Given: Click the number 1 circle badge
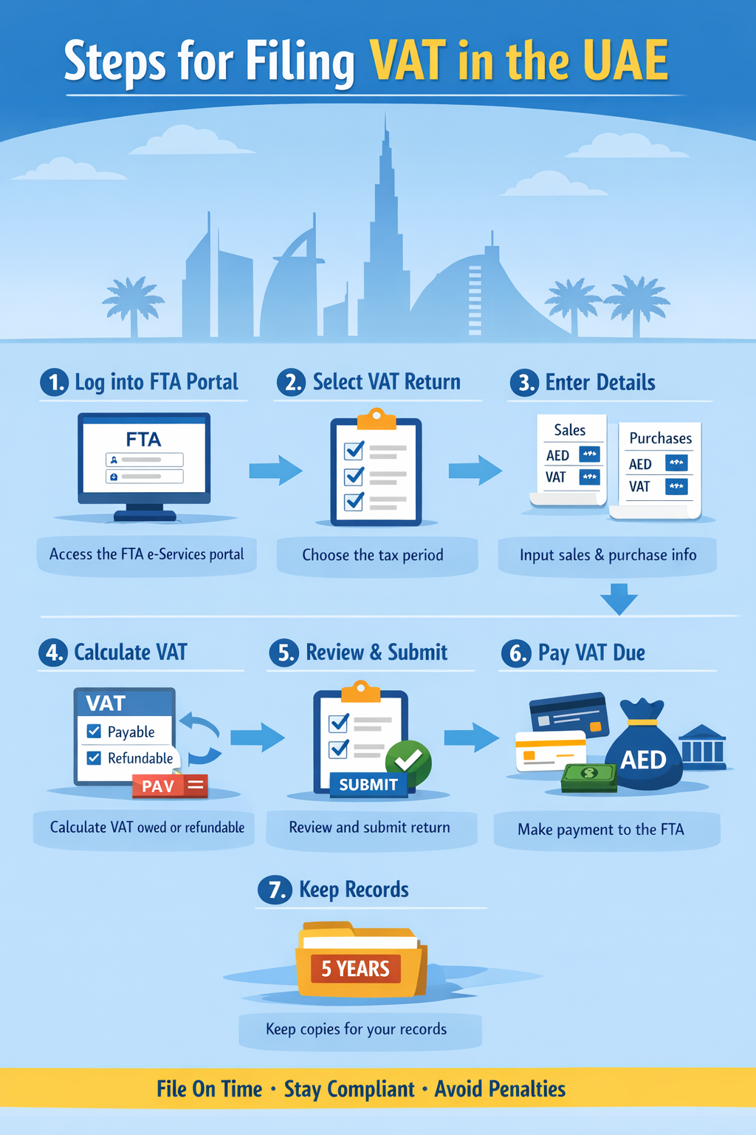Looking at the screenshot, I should coord(54,382).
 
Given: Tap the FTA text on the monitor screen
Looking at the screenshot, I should coord(143,440).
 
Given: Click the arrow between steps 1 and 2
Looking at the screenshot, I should coord(275,470).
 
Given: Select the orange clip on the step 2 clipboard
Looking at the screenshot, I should coord(377,419).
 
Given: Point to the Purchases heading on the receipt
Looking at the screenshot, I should coord(660,438).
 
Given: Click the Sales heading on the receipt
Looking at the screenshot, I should coord(569,430).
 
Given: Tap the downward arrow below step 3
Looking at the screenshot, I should coord(619,599).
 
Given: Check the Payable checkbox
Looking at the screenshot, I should coord(94,732).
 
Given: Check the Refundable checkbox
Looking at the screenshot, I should coord(94,757).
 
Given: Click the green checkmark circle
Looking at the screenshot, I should coord(408,760).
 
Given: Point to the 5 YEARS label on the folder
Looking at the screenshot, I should coord(356,969).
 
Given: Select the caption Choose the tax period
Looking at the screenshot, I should coord(373,555).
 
